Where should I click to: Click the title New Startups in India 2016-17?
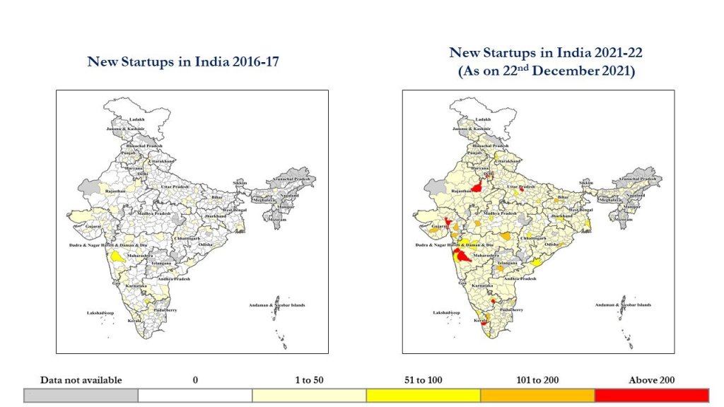point(183,61)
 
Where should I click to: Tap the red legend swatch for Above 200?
point(651,395)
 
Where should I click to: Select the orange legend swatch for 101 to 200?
point(537,395)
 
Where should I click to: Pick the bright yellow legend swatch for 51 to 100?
point(423,395)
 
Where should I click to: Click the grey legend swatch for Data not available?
point(81,395)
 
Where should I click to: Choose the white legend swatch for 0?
point(194,395)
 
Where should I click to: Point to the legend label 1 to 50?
point(309,380)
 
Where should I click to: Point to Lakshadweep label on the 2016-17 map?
point(100,312)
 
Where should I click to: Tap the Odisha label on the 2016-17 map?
point(206,244)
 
